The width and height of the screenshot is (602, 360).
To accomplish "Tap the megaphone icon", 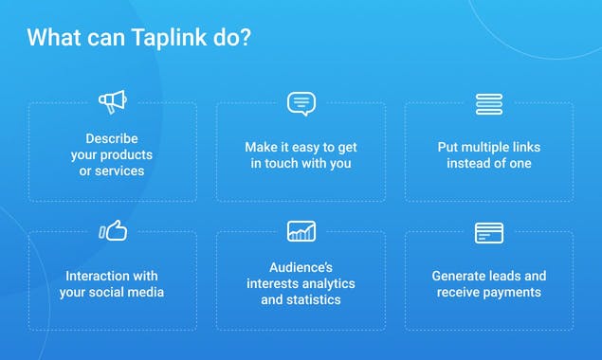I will [112, 101].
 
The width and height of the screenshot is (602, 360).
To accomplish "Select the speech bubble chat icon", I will [301, 103].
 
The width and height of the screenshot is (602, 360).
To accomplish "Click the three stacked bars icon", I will [489, 103].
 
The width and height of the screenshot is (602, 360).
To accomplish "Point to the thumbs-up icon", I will [113, 231].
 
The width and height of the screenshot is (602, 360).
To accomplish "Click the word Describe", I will [112, 138].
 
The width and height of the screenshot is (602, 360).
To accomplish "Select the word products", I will [127, 154].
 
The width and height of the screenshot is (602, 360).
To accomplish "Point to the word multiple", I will [495, 147].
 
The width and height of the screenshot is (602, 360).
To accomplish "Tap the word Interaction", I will [98, 276].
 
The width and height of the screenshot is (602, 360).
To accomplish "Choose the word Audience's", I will [301, 267].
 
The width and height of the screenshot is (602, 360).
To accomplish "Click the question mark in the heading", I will [246, 39].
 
